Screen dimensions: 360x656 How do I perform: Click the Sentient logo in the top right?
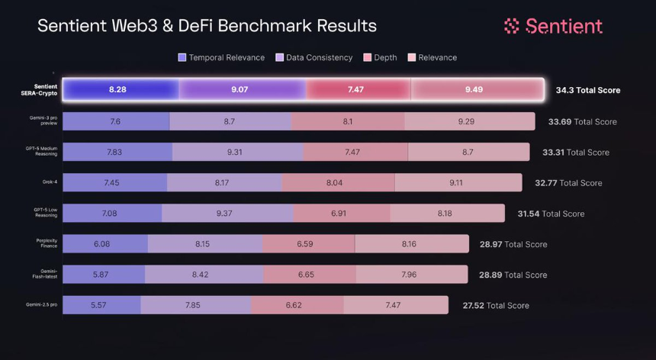(x=553, y=26)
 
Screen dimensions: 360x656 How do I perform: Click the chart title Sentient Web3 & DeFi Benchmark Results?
(x=207, y=26)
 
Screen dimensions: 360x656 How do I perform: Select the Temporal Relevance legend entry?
(x=220, y=57)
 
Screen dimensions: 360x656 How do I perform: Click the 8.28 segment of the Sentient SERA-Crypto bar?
(x=117, y=90)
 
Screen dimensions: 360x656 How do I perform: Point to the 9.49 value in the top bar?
(x=474, y=90)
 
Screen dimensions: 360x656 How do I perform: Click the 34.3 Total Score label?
(x=587, y=90)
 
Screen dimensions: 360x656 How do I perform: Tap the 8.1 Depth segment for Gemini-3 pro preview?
(x=347, y=121)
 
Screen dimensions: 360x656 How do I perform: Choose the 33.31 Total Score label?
(x=575, y=153)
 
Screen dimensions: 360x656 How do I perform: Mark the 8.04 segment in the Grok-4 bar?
(x=338, y=183)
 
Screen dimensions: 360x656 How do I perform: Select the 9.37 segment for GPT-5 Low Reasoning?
(x=224, y=214)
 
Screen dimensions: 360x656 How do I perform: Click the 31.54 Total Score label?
(x=551, y=214)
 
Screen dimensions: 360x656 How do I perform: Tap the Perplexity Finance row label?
(x=47, y=244)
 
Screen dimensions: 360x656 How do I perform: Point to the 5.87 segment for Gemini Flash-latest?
(x=103, y=275)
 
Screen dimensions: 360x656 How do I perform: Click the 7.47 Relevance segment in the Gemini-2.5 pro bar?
(x=393, y=305)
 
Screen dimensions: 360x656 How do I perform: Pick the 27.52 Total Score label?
(x=495, y=305)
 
